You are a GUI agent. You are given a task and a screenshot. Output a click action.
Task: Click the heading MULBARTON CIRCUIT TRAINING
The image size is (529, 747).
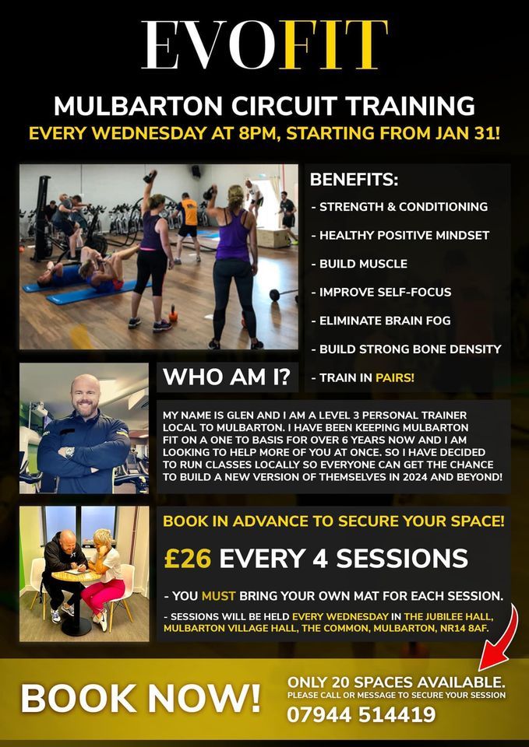[x=264, y=105]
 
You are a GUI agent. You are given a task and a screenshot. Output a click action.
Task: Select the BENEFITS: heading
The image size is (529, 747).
[x=354, y=180]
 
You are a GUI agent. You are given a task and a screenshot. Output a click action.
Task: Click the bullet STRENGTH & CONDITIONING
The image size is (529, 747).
[x=403, y=207]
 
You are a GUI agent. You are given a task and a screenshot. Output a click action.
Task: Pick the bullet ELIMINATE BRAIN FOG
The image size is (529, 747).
[x=384, y=320]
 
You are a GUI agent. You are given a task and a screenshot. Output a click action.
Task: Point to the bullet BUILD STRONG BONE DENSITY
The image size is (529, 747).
[x=410, y=349]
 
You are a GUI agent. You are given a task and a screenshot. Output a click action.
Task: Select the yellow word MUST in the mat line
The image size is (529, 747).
[x=218, y=597]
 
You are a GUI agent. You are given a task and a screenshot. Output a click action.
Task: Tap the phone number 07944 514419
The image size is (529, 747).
[x=361, y=714]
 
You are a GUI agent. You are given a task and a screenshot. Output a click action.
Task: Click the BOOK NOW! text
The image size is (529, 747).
[x=140, y=697]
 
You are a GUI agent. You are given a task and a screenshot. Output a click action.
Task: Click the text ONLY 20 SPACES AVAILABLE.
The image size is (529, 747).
[x=396, y=682]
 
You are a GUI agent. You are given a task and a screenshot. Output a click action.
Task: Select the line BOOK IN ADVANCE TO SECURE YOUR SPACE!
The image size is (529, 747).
[x=333, y=521]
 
